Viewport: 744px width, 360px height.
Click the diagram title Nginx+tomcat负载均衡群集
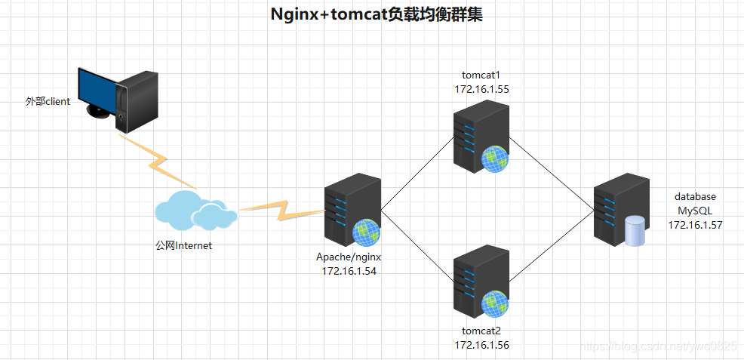376,15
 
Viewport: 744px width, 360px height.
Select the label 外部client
48,101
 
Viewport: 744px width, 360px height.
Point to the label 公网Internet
183,245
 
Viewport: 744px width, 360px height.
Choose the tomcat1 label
481,75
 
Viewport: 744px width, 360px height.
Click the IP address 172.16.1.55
481,89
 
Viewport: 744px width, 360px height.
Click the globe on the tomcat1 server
495,158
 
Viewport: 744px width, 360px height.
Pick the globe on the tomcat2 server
495,303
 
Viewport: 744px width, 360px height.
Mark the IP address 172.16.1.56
481,344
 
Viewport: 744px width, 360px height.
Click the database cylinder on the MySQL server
635,231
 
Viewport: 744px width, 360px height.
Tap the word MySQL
695,211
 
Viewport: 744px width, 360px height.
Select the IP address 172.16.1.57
695,224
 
